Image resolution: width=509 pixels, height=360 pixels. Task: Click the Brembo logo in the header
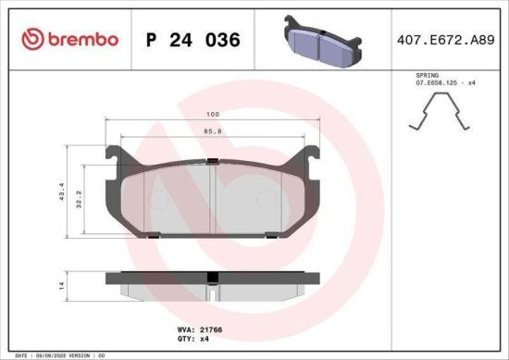[68, 39]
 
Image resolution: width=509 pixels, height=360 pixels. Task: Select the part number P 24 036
[193, 40]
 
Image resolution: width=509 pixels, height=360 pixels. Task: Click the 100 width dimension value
[212, 116]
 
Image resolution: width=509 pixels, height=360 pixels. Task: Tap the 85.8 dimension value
[212, 130]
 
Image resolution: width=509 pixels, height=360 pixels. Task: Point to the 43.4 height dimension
[62, 192]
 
